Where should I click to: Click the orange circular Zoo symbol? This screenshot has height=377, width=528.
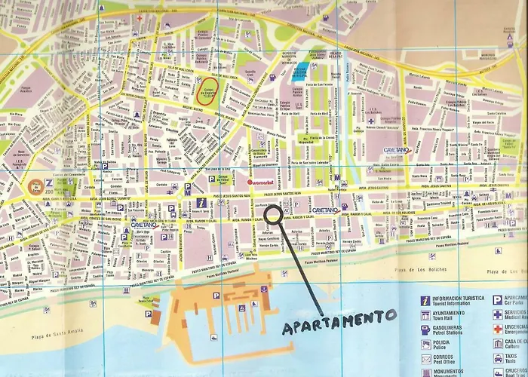coord(35,184)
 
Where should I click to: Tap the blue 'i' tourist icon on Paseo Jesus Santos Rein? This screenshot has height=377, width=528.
coord(200,204)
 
